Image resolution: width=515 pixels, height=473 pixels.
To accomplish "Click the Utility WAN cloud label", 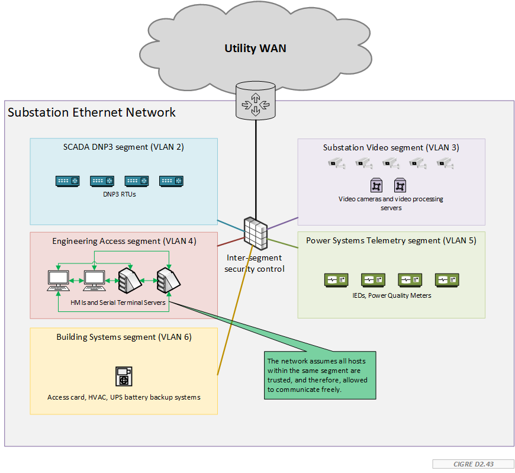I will [x=255, y=49].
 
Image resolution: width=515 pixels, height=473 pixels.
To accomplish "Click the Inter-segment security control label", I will [x=255, y=263].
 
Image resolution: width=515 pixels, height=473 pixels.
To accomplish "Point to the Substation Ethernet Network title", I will [x=92, y=112].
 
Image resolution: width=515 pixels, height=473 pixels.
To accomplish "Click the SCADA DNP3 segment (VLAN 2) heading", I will [x=123, y=147].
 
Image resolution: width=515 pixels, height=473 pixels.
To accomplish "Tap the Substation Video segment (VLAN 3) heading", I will [x=391, y=147].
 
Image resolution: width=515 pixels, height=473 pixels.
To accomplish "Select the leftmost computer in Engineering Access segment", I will [x=59, y=280].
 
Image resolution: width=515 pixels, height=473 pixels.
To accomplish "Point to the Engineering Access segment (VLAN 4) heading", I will [x=124, y=241].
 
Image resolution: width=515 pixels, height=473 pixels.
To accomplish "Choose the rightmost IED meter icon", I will [x=447, y=280].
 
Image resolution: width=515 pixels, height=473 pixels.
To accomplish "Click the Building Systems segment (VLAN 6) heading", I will [x=124, y=337].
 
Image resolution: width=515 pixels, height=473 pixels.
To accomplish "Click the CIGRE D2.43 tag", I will [x=473, y=464].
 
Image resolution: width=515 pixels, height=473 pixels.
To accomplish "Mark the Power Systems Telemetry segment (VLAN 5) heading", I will [x=391, y=241].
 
